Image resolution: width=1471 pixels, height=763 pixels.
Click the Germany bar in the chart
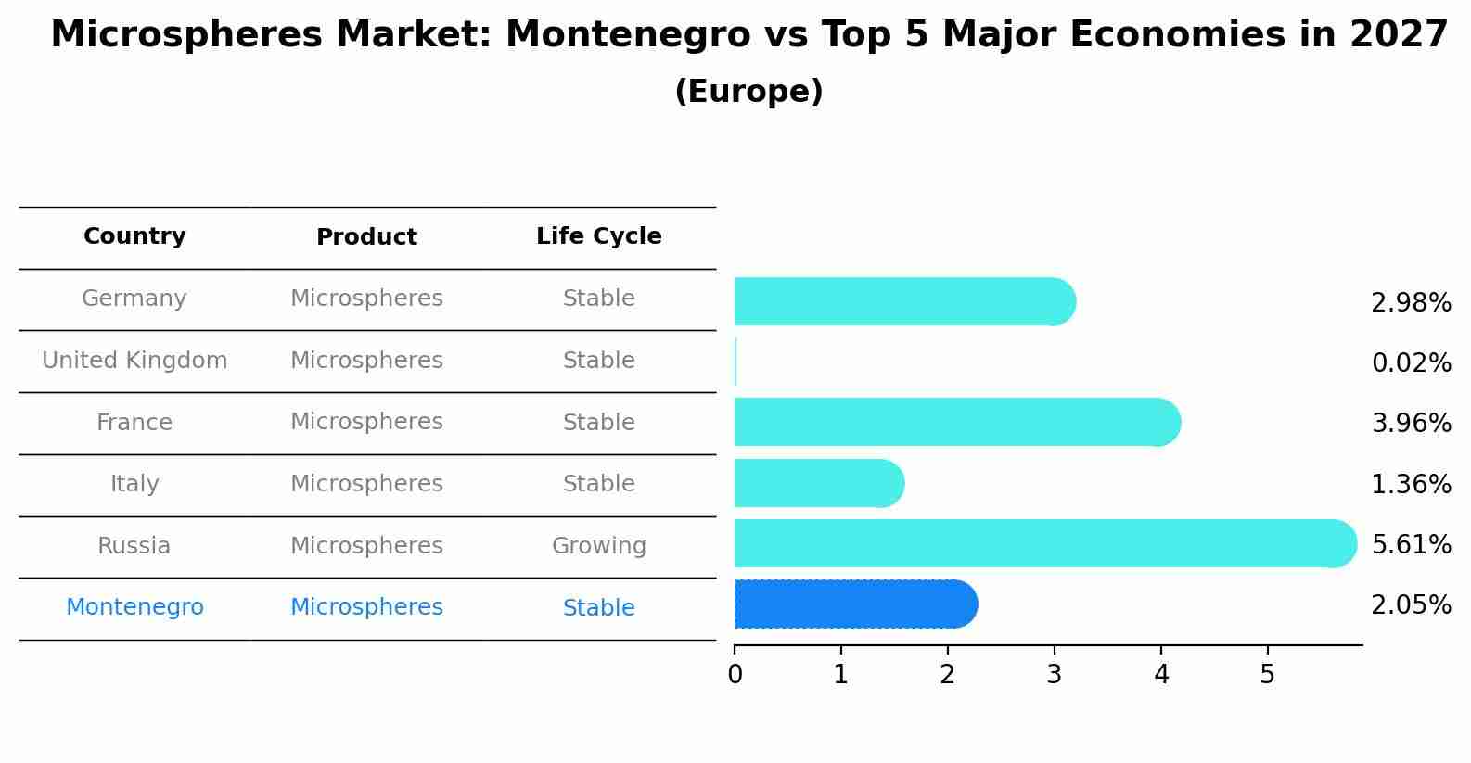coord(905,301)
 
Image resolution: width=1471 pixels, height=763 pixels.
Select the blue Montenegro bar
coord(856,604)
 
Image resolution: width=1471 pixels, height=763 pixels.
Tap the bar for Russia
coord(1045,543)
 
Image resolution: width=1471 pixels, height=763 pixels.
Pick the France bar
coord(957,422)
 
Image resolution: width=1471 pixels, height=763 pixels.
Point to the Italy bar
coord(819,483)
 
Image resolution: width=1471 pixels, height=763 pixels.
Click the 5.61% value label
coord(1412,544)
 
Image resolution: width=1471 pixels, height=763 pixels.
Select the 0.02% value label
coord(1412,362)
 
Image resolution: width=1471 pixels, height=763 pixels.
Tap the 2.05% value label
coord(1412,604)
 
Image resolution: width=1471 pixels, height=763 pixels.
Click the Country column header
coord(134,235)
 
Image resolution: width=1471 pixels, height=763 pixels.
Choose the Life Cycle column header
coord(599,235)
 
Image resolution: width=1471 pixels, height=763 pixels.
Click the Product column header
coord(366,236)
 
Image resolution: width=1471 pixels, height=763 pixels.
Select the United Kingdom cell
coord(134,360)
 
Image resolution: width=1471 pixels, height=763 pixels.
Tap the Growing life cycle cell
coord(599,546)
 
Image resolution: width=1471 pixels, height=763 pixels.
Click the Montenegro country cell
coord(134,606)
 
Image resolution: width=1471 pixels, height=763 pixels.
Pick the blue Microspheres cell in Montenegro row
coord(366,606)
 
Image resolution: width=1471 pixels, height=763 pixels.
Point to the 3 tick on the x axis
coord(1054,650)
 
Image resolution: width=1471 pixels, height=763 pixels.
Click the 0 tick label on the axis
coord(735,674)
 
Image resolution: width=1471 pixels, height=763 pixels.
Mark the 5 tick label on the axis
coord(1268,674)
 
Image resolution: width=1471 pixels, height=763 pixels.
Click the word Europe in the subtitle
coord(748,91)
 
